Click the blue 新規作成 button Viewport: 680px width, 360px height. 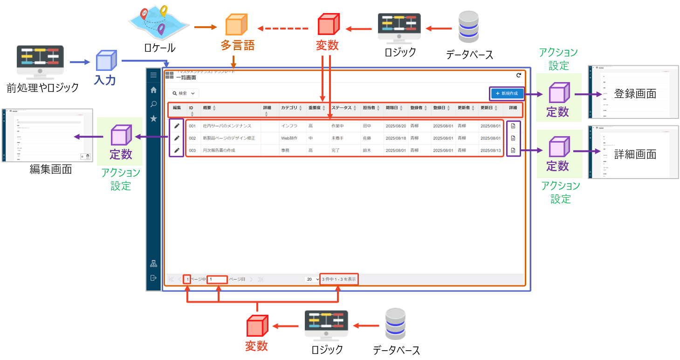click(507, 94)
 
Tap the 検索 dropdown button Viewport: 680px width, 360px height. click(184, 93)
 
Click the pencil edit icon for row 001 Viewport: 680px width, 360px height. click(177, 125)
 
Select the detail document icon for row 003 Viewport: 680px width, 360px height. click(513, 151)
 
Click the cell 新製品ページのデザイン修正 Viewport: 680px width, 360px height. click(228, 138)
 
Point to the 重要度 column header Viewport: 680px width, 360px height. click(317, 108)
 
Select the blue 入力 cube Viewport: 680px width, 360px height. click(105, 61)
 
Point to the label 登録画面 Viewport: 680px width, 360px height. click(635, 94)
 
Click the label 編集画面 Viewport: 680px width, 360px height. click(51, 169)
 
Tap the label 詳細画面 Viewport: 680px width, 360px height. click(635, 154)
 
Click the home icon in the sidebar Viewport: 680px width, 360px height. click(153, 90)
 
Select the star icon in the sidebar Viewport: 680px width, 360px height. click(153, 118)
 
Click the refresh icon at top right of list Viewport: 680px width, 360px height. click(519, 75)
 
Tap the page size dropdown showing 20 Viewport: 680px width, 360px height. click(312, 279)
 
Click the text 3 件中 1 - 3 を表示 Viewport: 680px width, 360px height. click(339, 279)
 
